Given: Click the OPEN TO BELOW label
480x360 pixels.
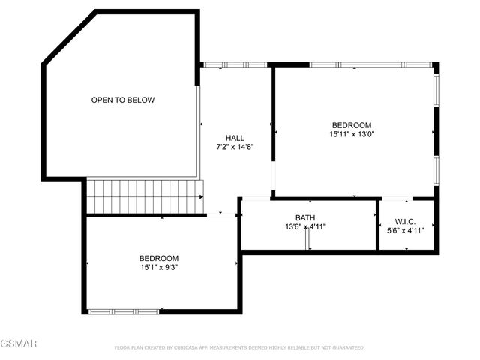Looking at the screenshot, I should pos(123,100).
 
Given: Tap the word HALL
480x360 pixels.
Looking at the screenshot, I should pos(235,137).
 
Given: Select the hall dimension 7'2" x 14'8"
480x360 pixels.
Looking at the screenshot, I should pos(235,147).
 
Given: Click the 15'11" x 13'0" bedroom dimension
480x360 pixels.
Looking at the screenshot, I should pos(352,135).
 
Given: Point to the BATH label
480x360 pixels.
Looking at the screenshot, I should pos(304,217).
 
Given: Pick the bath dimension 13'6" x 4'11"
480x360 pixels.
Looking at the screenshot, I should pos(304,226).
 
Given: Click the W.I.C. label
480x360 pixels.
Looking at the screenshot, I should pos(405,222).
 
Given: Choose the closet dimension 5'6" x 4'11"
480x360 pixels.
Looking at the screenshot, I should pos(405,231).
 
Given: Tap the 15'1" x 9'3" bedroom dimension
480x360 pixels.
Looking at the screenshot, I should pos(158,267).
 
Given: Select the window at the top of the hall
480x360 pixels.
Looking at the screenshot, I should pos(235,65).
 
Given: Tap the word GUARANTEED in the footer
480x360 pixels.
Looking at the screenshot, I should pos(346,348).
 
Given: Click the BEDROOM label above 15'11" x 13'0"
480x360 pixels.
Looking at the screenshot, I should pos(352,125).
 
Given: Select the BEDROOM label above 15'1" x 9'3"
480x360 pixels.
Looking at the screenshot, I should pos(158,258).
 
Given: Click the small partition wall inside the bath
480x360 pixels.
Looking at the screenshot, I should pos(307,238).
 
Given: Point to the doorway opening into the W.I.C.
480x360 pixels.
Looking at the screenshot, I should pos(397,199).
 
